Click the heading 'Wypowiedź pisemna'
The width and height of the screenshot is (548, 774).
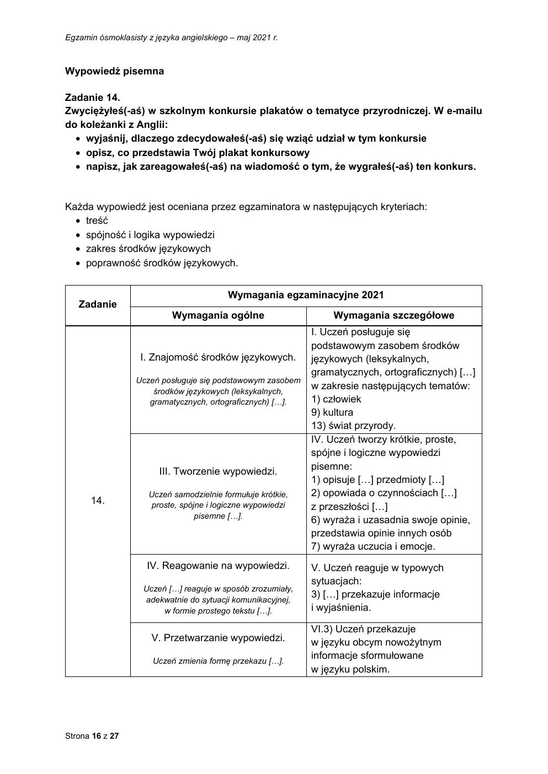114,71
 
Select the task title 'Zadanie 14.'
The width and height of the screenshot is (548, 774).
92,98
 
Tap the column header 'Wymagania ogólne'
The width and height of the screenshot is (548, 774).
218,315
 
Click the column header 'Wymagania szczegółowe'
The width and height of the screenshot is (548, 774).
394,315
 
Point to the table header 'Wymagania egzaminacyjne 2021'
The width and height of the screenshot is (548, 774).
306,295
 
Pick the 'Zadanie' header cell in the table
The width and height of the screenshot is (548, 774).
98,304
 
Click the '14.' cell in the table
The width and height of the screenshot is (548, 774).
98,501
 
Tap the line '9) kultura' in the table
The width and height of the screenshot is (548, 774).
332,412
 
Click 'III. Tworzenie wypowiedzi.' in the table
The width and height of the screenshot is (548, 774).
218,471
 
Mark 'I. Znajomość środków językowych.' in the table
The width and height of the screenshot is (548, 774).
218,357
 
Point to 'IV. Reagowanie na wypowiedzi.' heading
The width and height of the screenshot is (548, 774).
218,566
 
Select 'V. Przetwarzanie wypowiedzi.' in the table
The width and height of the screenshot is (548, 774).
218,638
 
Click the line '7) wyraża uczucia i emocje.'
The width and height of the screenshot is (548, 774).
373,546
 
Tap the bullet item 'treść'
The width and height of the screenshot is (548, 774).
97,221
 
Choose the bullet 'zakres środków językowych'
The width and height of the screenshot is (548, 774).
148,249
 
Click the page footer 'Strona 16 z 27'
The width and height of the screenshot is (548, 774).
92,736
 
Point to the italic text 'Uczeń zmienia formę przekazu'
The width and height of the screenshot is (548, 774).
218,661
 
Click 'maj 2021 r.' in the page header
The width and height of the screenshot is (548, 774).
257,37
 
